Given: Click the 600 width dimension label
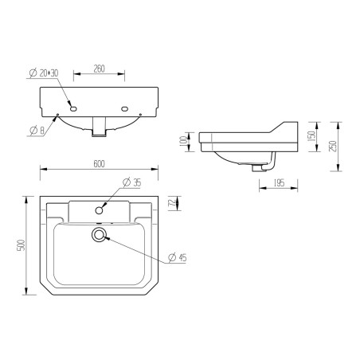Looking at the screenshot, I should [100, 164].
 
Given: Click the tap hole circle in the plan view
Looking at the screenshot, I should [100, 210].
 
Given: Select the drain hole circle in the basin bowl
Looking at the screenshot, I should [100, 234].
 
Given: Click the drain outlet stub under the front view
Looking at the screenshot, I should [100, 126].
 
